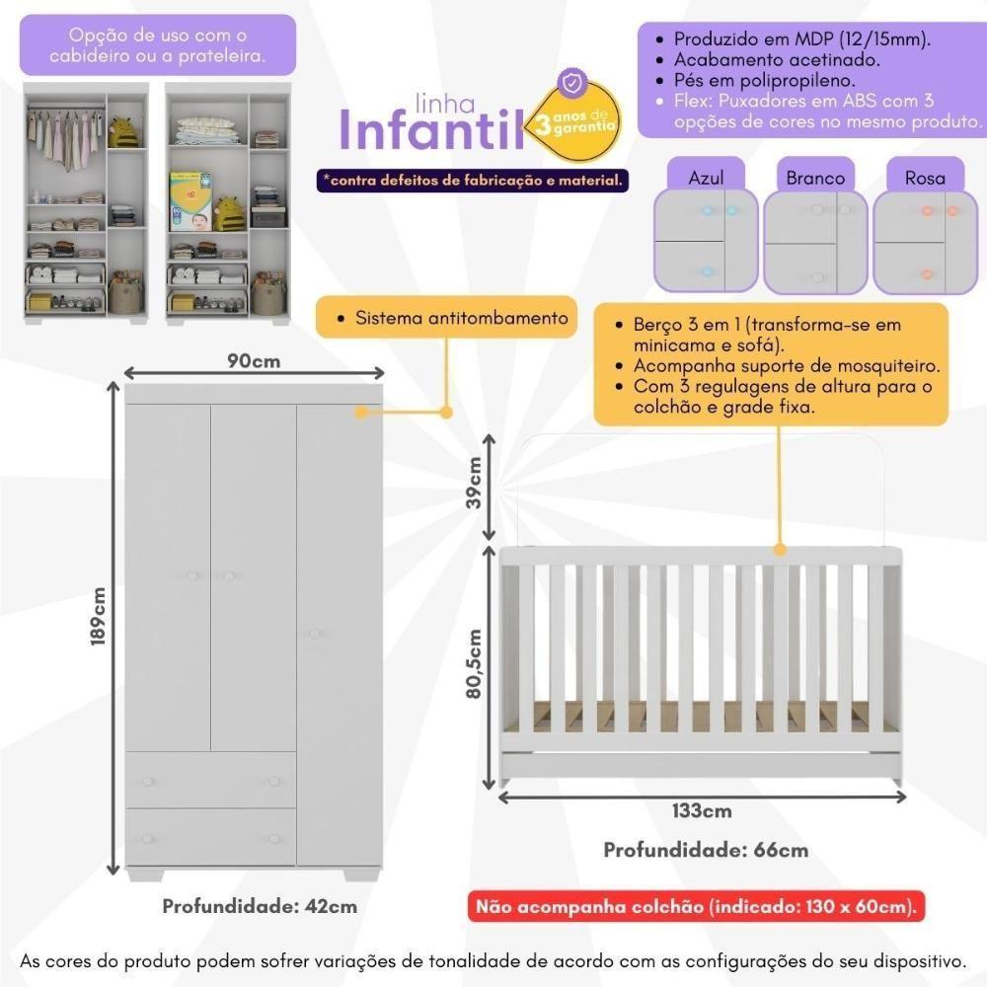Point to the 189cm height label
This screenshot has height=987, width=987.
point(99,616)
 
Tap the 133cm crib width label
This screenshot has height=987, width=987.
point(701,811)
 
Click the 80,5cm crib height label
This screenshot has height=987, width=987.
point(475,663)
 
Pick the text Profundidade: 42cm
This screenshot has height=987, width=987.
point(260,906)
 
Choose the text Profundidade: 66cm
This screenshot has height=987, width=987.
point(706,850)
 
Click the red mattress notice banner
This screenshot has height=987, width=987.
point(698,906)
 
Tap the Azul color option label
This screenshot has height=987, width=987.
point(706,178)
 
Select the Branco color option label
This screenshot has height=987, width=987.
point(815,178)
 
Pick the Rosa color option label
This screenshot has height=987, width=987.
point(925,178)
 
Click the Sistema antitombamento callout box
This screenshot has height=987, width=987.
point(447,318)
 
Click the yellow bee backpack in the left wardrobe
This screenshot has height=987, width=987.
point(122,131)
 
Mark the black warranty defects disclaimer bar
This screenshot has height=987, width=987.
point(472,181)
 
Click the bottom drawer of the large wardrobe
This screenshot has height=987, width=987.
point(210,838)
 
